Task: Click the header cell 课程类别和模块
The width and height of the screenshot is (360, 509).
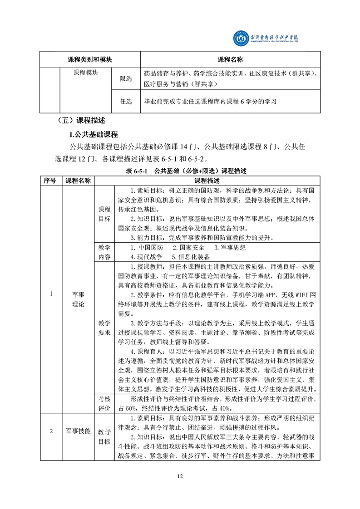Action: click(x=90, y=60)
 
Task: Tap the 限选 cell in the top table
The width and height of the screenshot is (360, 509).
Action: click(x=126, y=79)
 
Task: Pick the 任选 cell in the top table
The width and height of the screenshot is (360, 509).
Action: click(x=126, y=102)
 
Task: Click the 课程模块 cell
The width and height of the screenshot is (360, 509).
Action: click(x=86, y=73)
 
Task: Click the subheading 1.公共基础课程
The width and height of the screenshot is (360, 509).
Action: click(x=93, y=134)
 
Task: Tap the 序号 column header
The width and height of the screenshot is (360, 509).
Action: click(x=50, y=180)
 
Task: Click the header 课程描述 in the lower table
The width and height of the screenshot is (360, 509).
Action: click(x=207, y=180)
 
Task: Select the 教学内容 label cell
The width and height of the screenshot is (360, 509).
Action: click(x=104, y=252)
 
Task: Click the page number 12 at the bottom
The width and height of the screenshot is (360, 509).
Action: click(x=180, y=476)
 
